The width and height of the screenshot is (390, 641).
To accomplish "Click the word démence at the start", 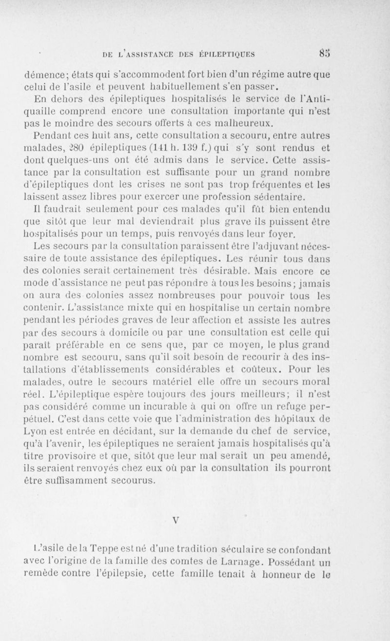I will click(x=42, y=76).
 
